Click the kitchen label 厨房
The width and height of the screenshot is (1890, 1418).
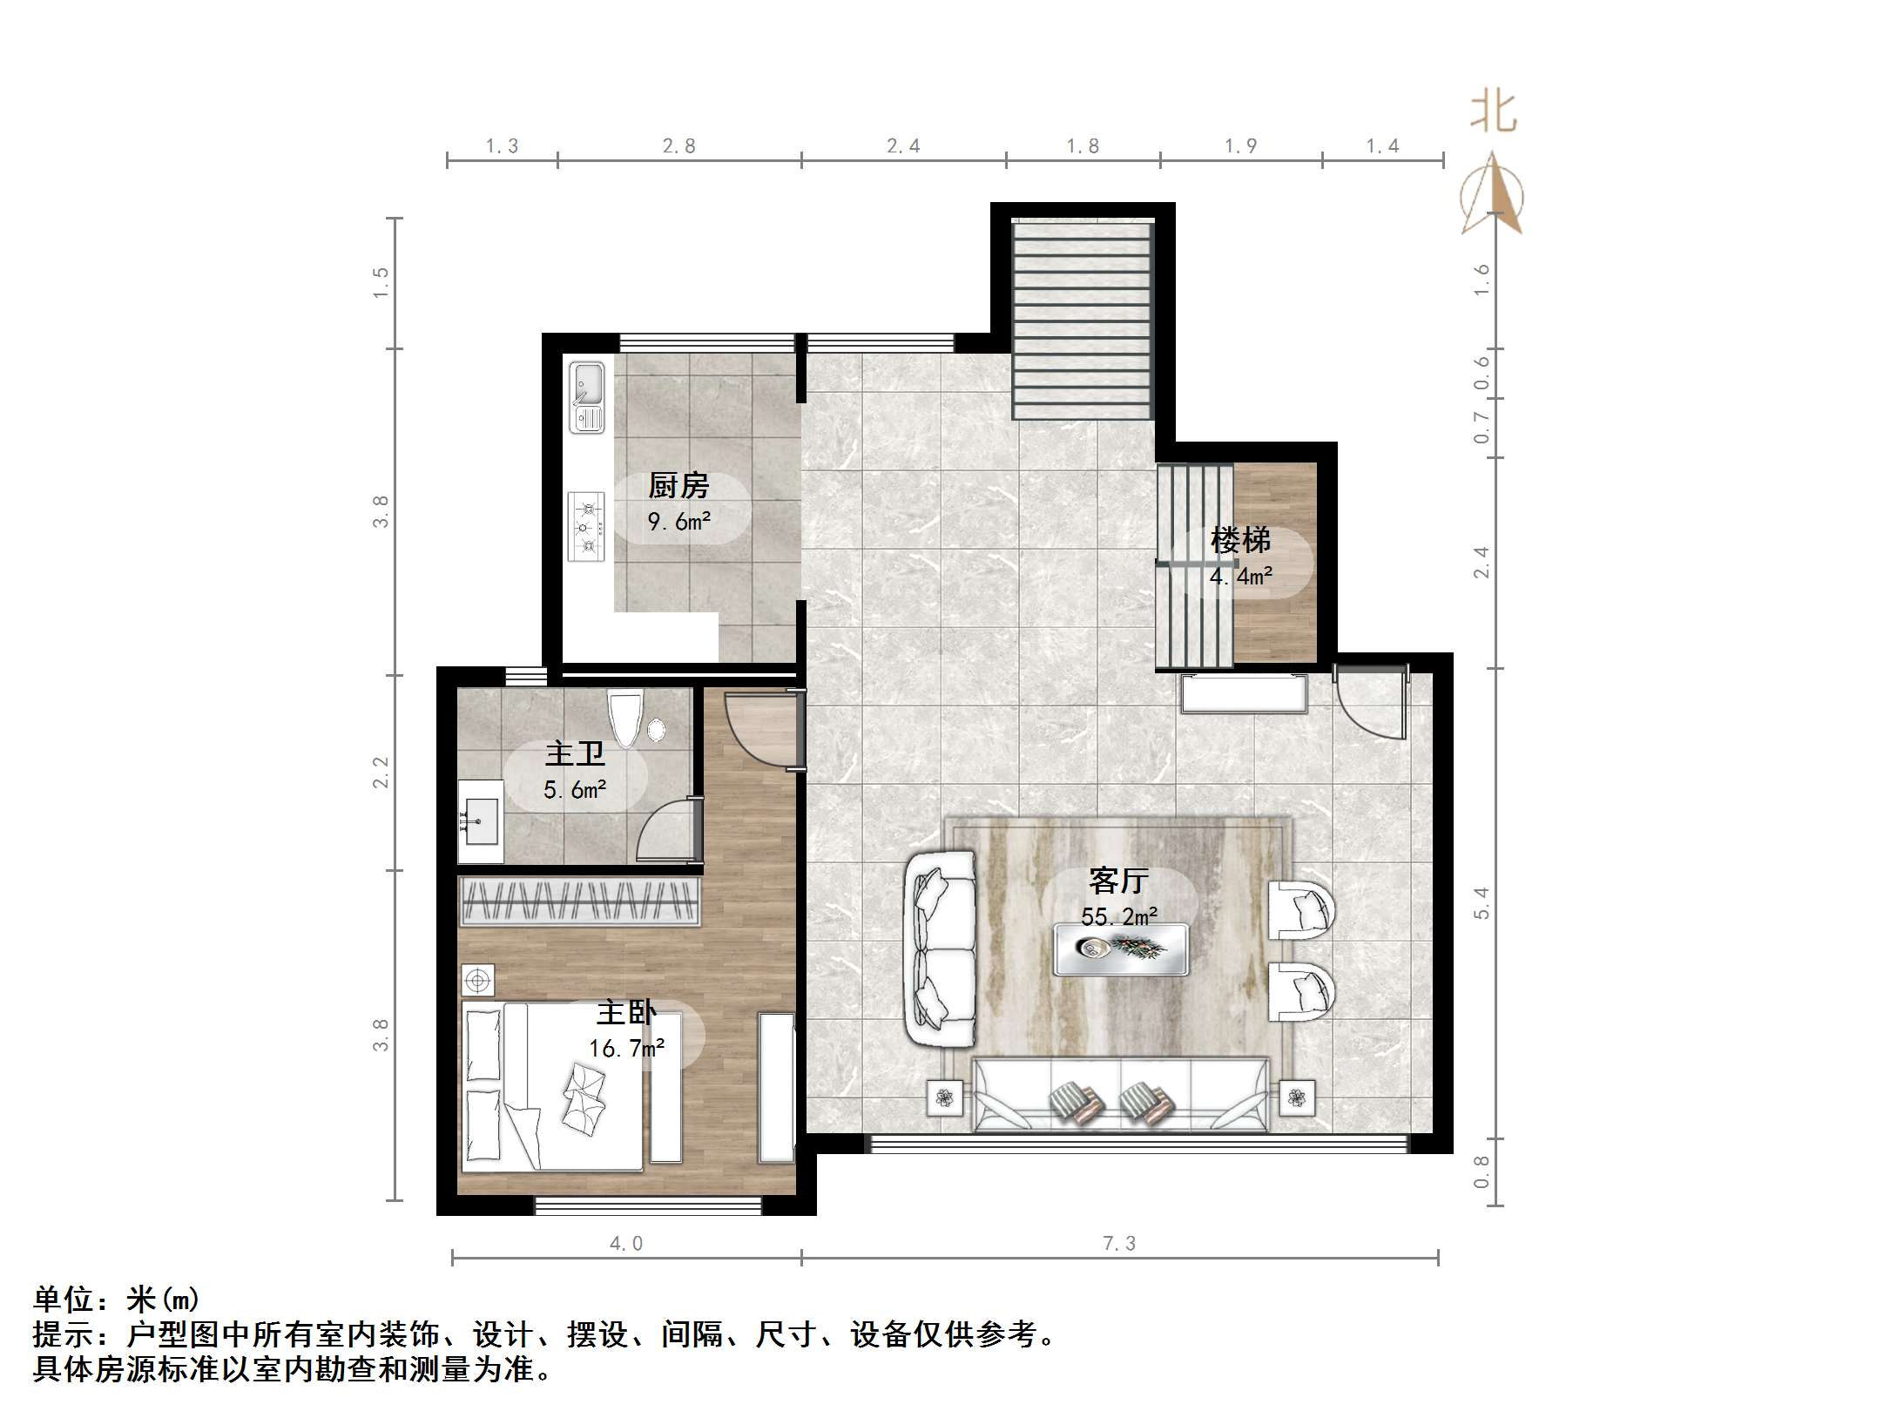point(678,485)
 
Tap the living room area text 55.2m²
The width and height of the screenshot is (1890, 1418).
point(1119,916)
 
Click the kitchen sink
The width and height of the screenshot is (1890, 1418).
point(586,397)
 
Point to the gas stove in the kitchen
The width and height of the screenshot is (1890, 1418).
point(586,526)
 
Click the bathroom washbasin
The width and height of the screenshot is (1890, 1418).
point(480,820)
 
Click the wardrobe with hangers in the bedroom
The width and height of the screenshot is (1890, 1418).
point(579,901)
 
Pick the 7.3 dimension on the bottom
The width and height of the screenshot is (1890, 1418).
point(1119,1244)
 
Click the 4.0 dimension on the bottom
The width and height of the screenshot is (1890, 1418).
point(626,1244)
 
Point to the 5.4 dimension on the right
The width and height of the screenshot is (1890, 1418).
point(1482,902)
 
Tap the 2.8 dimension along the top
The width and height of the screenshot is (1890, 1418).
point(678,146)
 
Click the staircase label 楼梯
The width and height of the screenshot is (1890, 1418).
point(1240,541)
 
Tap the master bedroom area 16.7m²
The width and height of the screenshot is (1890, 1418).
point(626,1048)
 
